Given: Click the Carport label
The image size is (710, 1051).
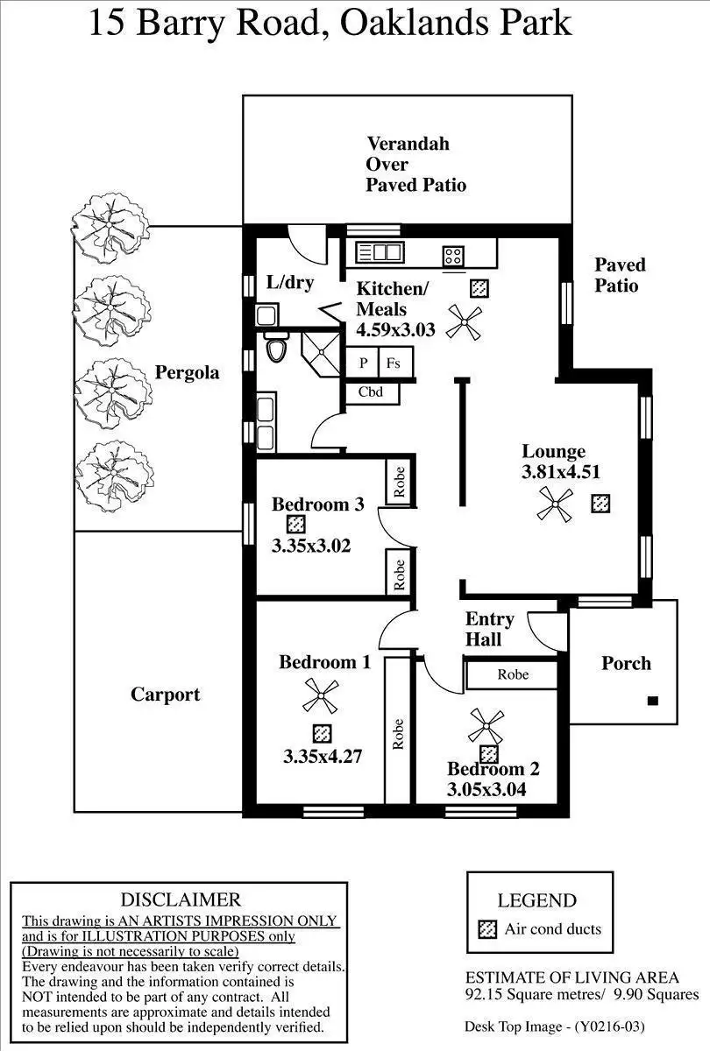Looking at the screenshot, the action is tap(166, 695).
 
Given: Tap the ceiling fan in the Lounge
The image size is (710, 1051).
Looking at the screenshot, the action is tap(555, 504).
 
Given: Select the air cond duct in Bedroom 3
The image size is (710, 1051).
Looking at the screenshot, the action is tap(296, 524).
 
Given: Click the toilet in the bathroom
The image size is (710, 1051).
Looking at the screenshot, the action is tap(276, 347).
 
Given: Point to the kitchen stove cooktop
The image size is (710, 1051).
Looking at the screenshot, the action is tap(453, 257).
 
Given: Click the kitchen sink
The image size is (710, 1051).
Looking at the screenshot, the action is tap(380, 252).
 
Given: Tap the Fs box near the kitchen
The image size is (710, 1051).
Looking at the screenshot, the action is tap(395, 363).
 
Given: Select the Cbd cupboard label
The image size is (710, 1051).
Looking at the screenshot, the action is tap(371, 391).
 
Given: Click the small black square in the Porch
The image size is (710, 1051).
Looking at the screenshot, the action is tap(653, 701).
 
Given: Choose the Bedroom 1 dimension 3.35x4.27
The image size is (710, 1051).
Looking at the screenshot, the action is tap(323, 757).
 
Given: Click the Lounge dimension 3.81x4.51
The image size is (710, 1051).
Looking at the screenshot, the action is tap(561, 472).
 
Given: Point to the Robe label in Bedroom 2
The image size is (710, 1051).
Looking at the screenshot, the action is tap(513, 674).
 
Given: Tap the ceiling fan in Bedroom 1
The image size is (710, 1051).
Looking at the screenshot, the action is tap(321, 695).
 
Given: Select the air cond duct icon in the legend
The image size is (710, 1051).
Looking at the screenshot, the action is tap(487, 929).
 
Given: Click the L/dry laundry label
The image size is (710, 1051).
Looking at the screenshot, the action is tap(290, 283).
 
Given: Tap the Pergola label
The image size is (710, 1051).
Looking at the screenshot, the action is tap(187, 373).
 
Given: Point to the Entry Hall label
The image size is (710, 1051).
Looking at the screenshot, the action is tap(489, 629).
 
